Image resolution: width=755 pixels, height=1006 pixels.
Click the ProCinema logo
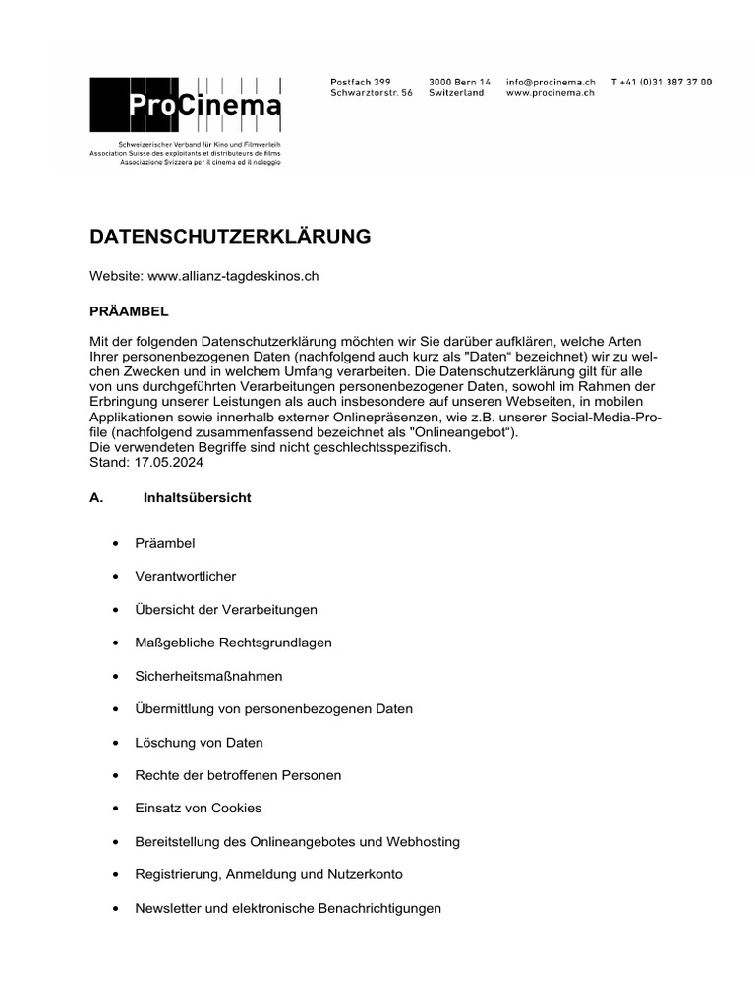point(186,106)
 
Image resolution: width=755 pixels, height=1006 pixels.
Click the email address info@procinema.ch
point(551,82)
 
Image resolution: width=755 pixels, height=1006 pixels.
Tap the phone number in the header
point(662,82)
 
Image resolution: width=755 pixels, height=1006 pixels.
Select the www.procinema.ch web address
point(551,93)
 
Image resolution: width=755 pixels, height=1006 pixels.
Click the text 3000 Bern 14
point(459,82)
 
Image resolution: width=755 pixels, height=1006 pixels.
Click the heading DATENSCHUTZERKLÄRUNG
point(230,237)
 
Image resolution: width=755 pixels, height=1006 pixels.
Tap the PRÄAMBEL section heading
point(129,310)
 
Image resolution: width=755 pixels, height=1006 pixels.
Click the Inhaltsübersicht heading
point(197,498)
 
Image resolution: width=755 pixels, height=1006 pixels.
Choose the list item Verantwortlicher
point(185,577)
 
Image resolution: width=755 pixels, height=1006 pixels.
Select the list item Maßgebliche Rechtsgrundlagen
point(233,643)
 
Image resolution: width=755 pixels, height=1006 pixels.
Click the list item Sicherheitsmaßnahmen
point(208,676)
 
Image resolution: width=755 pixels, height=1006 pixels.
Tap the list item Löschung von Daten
point(199,743)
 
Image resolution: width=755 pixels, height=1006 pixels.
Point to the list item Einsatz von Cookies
point(198,809)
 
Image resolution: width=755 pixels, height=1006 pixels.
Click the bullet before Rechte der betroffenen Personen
point(117,776)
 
